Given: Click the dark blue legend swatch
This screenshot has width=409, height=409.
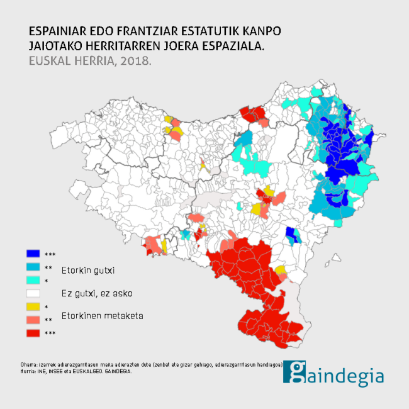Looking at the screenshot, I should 33,254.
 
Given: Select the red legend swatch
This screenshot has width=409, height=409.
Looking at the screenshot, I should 33,333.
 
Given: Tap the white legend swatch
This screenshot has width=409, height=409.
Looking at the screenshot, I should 33,293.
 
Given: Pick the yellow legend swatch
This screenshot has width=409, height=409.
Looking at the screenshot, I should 33,306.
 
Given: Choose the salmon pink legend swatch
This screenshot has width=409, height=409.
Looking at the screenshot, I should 33,320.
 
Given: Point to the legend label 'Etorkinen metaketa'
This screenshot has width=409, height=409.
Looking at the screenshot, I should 102,315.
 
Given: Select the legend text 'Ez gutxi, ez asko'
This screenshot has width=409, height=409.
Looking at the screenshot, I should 97,293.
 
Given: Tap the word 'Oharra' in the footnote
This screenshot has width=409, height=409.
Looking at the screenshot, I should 28,364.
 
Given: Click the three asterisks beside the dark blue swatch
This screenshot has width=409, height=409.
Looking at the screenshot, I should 50,255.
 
